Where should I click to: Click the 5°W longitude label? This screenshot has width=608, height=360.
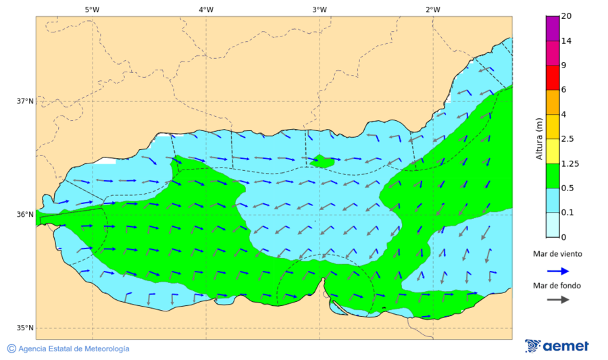coord(93,9)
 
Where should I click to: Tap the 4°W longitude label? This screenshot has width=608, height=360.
coord(206,9)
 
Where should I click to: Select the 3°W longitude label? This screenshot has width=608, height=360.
coord(320,9)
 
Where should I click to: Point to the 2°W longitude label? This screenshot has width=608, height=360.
coord(433,9)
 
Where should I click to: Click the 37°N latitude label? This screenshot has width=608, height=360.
coord(25,101)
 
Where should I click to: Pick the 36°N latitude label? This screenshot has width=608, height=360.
coord(25,215)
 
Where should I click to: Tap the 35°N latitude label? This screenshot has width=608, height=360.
coord(25,328)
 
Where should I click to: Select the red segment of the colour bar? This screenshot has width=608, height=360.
coord(553,78)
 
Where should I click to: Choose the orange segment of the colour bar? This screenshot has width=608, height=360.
coord(553,102)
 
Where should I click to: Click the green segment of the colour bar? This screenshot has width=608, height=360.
coord(553,176)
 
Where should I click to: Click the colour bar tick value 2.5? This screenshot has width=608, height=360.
coord(569,139)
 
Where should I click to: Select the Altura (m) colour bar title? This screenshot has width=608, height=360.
coord(539,139)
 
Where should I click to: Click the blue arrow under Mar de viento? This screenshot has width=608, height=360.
coord(557,270)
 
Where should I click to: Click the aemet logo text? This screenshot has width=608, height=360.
coord(566,346)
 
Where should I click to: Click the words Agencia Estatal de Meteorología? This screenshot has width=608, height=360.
coord(74,349)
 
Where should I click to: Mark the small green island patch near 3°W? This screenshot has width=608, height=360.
coord(322,161)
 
